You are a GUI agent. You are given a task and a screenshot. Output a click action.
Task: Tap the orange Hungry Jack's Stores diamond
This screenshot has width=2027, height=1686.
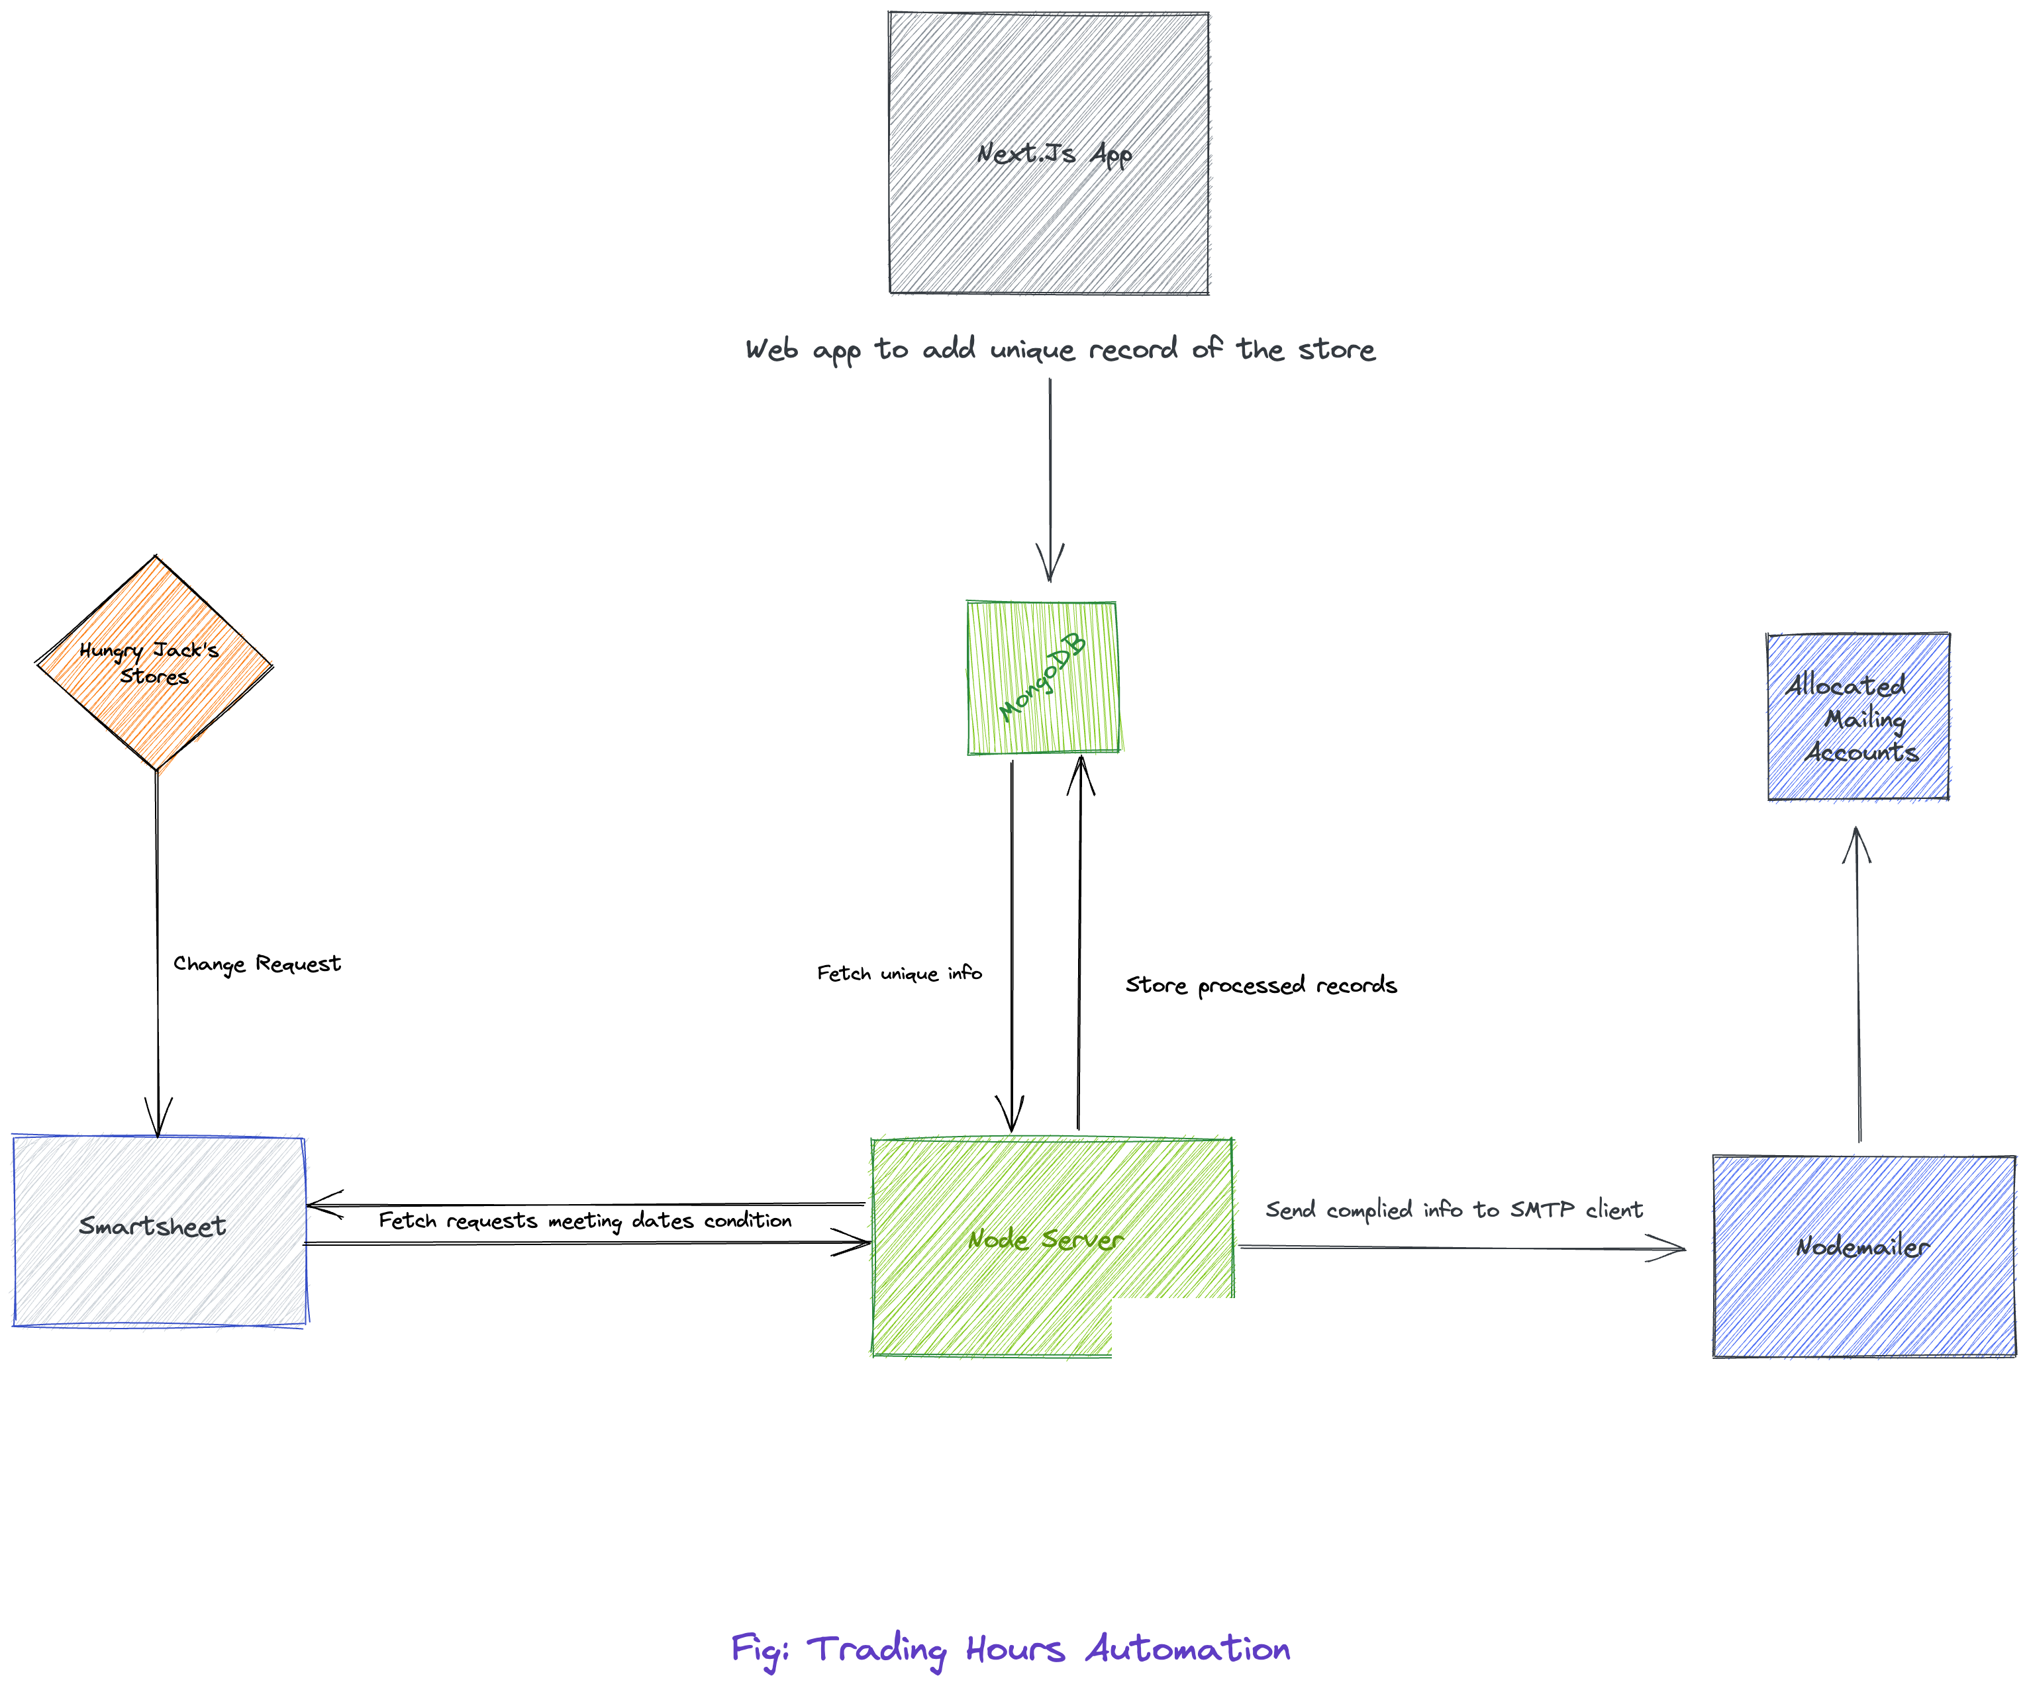(154, 663)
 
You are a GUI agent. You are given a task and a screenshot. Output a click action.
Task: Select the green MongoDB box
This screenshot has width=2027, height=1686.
(1042, 677)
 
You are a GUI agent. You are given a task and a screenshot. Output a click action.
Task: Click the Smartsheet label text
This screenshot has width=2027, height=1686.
(152, 1227)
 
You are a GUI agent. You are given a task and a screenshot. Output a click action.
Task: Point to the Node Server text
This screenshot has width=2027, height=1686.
(1046, 1239)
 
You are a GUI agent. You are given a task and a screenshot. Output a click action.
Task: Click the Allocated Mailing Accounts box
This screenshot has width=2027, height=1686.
(1857, 717)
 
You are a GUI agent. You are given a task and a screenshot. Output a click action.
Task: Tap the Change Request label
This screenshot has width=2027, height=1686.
(257, 964)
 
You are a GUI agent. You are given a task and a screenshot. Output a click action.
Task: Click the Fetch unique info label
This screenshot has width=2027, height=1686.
(899, 973)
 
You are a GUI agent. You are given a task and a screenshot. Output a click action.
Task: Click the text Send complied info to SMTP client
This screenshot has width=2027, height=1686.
(1454, 1209)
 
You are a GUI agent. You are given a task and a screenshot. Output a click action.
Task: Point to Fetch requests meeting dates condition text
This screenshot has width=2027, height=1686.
(585, 1221)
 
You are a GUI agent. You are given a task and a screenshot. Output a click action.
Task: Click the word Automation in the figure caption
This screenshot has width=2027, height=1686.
(1187, 1648)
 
